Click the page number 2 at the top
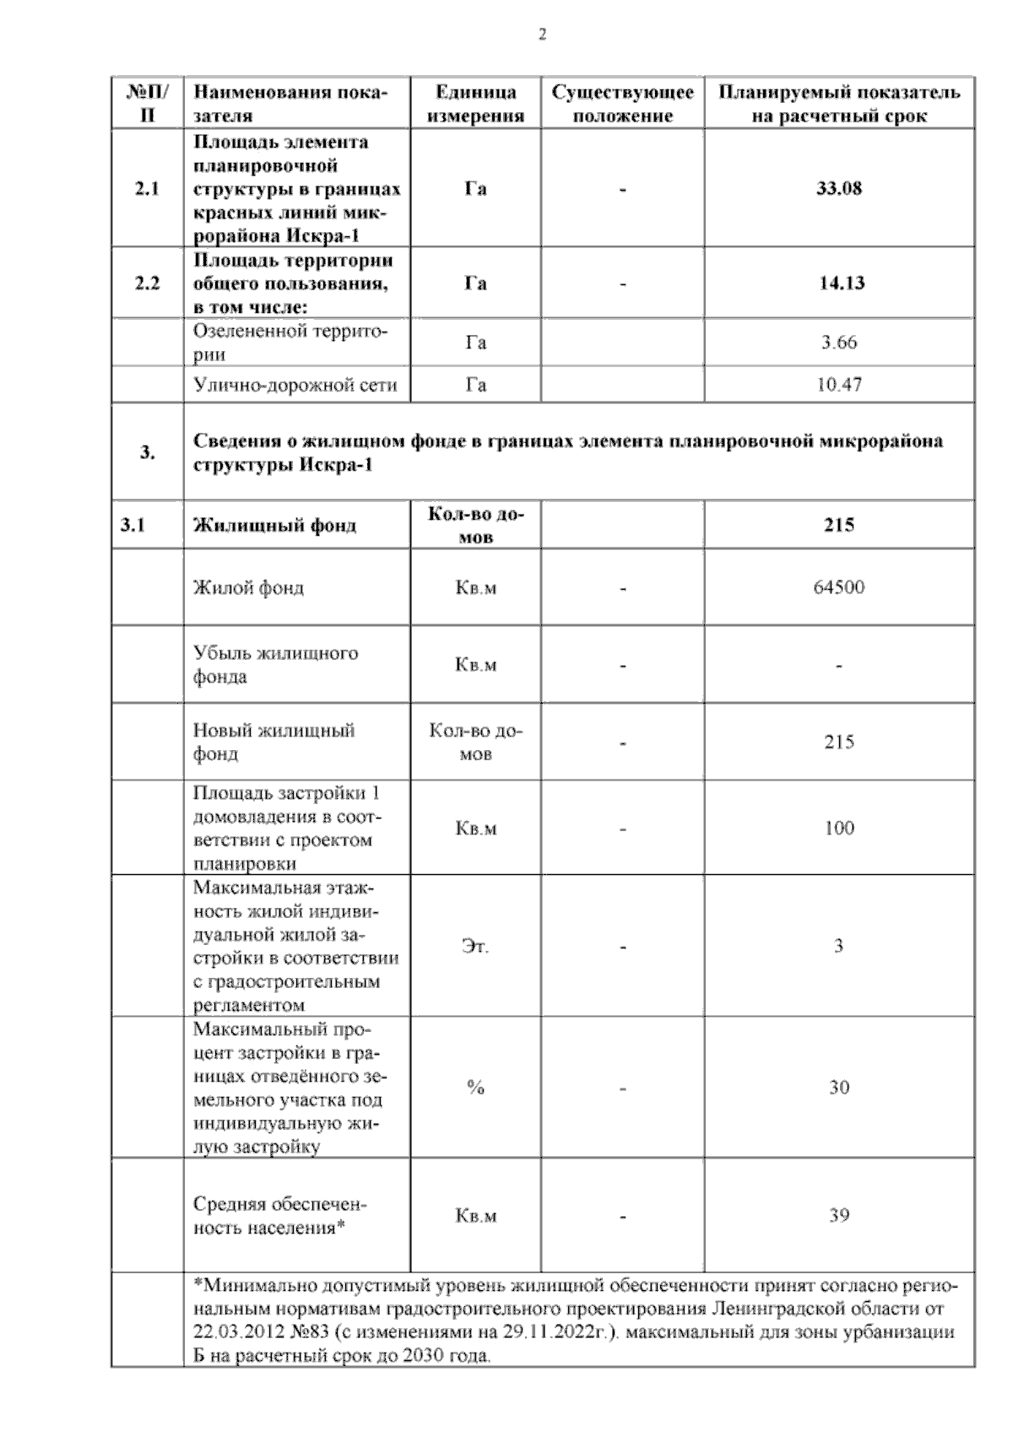click(542, 35)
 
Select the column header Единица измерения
click(475, 104)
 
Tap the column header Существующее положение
click(622, 104)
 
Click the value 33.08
click(838, 188)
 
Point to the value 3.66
click(838, 343)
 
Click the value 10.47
click(838, 385)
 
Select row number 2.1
click(147, 189)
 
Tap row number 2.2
click(147, 283)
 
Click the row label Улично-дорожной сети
click(295, 386)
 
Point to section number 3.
click(147, 452)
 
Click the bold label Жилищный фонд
click(275, 526)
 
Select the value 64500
click(838, 587)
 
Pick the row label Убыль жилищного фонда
click(275, 665)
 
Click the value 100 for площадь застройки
click(838, 828)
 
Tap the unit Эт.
click(475, 947)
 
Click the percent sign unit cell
click(475, 1088)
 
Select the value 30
click(838, 1088)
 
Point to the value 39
click(838, 1216)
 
